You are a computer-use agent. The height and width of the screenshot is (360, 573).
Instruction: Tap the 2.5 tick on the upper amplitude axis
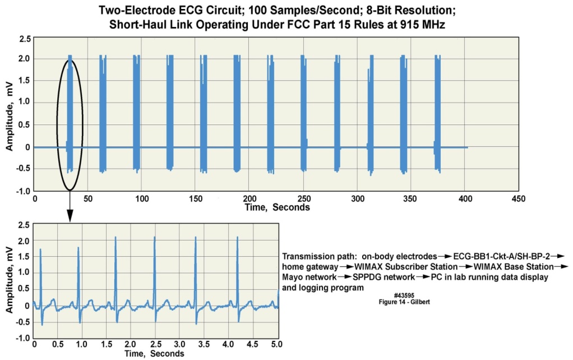[x=25, y=39]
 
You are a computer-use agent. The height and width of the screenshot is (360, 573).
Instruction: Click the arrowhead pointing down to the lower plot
[x=70, y=216]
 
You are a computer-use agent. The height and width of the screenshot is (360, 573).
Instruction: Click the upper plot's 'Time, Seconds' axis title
[x=277, y=207]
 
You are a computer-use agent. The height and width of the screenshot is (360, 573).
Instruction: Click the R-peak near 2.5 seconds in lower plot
[x=154, y=238]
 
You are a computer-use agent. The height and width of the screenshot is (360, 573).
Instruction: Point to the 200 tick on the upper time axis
[x=250, y=199]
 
